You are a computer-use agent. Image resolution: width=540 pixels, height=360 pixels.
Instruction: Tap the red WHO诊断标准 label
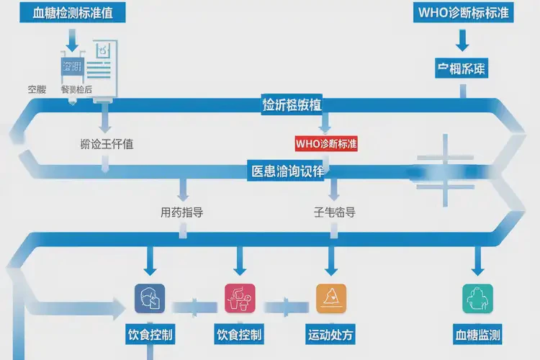[x=326, y=143]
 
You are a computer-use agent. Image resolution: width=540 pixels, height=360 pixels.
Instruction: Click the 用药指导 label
[x=181, y=212]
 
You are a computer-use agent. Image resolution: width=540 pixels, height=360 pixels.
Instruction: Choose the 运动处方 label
[x=331, y=335]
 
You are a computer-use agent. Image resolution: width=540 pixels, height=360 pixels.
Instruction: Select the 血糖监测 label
[x=477, y=335]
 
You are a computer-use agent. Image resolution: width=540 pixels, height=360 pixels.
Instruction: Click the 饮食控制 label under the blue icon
[x=150, y=335]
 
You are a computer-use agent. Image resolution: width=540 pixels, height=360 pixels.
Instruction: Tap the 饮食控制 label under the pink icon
[x=239, y=335]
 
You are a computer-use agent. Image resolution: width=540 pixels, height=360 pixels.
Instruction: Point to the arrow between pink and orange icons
[x=286, y=305]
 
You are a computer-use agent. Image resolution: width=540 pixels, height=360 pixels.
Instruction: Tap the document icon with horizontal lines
[x=104, y=63]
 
